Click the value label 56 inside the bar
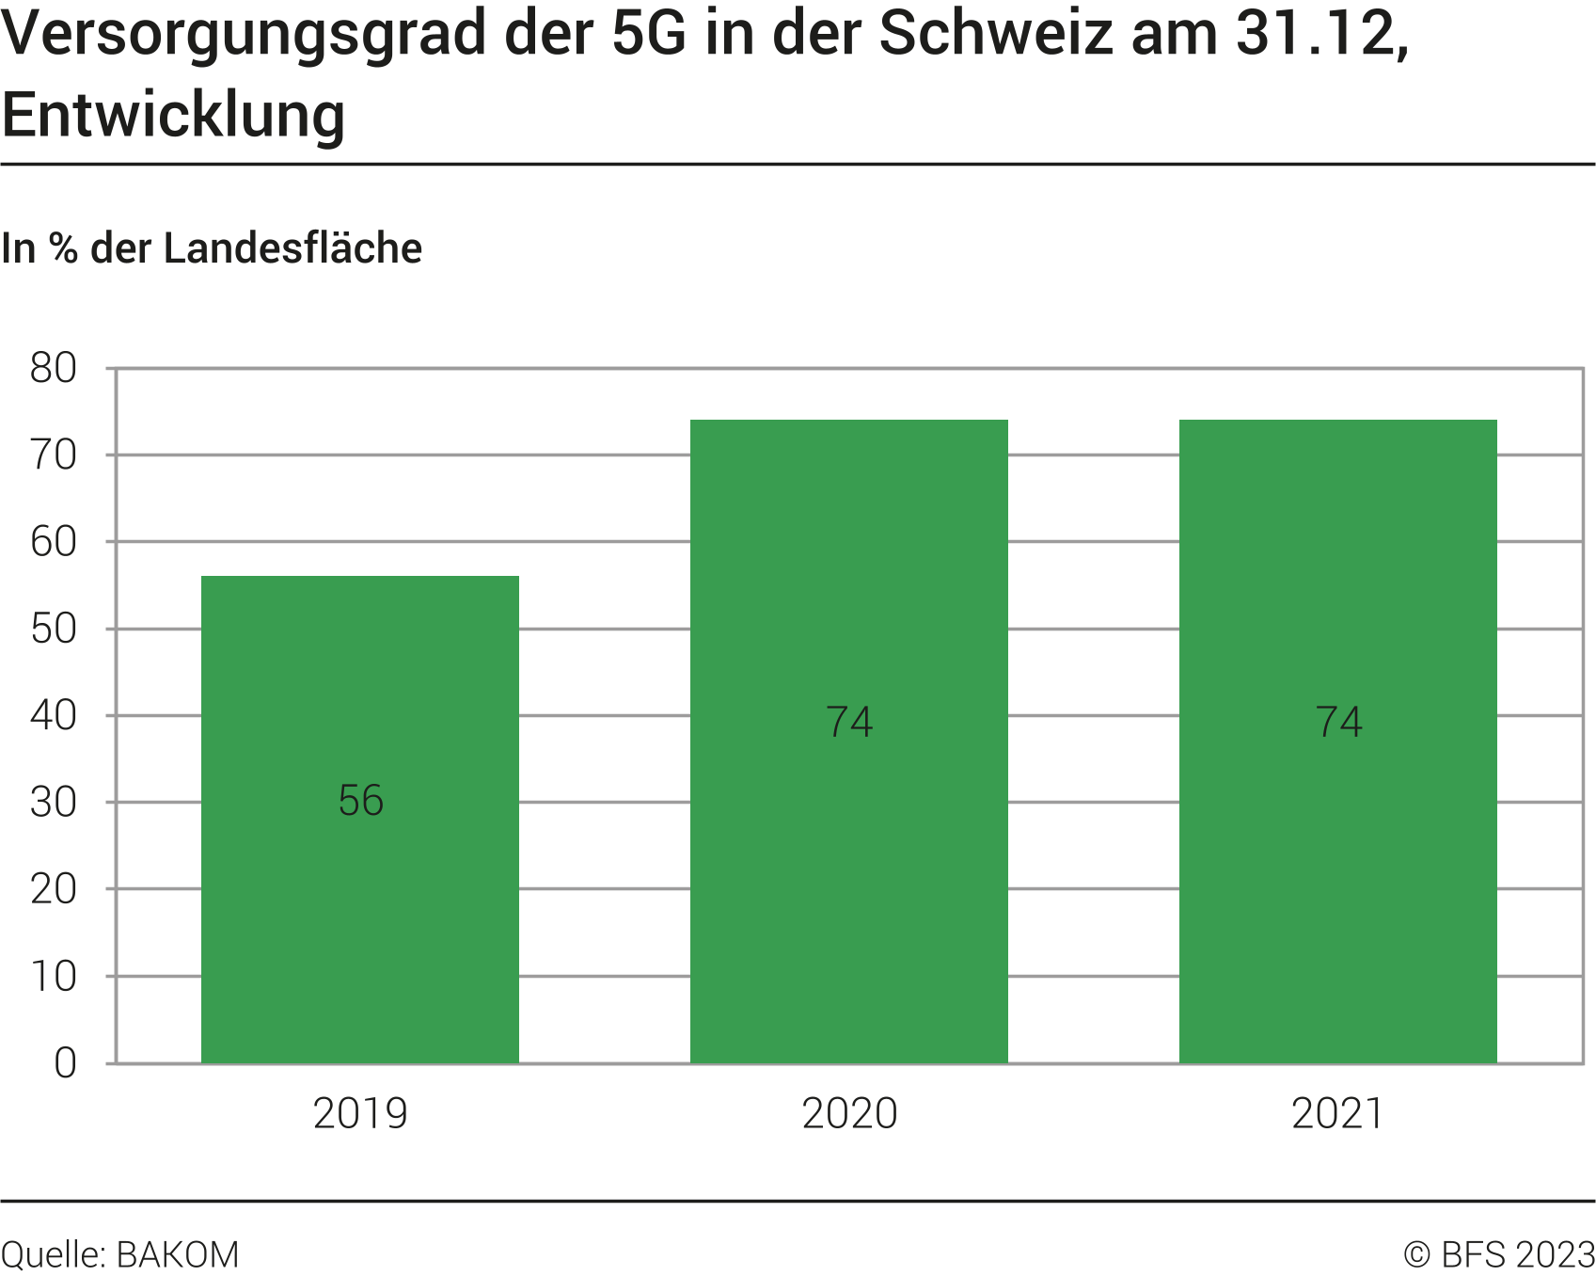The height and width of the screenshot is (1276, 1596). coord(361,801)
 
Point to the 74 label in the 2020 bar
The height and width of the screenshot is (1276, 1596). coord(849,722)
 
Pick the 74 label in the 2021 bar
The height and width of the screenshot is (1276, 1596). coord(1338,722)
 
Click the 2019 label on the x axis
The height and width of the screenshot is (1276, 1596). coord(360,1114)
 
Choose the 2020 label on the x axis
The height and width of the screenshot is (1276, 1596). coord(849,1114)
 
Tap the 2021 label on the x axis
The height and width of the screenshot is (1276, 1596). coord(1337,1114)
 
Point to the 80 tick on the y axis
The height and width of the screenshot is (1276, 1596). coord(54,368)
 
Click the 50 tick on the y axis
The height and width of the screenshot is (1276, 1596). coord(54,629)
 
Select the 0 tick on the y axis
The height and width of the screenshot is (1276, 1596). coord(65,1063)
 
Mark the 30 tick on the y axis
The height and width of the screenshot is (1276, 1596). coord(54,803)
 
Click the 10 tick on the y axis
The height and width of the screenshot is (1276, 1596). coord(54,977)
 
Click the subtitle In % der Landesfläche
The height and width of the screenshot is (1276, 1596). coord(212,248)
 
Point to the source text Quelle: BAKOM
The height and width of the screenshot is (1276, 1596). coord(120,1255)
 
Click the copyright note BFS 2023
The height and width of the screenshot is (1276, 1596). coord(1499,1255)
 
